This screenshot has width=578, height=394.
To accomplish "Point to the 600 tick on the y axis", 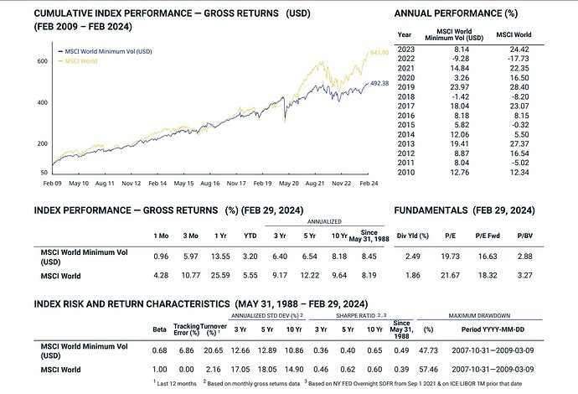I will pyautogui.click(x=41, y=62).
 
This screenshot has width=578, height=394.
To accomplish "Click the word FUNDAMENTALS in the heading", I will pyautogui.click(x=430, y=209).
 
